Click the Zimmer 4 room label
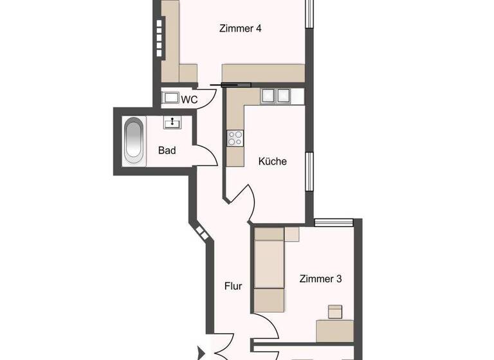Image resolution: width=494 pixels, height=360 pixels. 239,28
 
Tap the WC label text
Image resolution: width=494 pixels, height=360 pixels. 189,100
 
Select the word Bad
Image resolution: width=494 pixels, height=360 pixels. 167,151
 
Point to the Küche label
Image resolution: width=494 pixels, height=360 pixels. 272,161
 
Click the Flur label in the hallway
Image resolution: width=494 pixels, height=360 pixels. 233,286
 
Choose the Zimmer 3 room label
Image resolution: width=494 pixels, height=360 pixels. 320,279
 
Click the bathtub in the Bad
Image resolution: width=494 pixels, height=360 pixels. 134,139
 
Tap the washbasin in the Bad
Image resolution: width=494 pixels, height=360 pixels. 172,122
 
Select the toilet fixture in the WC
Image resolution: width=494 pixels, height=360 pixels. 170,99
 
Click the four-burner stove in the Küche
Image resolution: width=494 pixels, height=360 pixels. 235,138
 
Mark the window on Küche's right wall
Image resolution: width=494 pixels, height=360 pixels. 309,172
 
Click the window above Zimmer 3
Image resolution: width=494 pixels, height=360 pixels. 334,222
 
